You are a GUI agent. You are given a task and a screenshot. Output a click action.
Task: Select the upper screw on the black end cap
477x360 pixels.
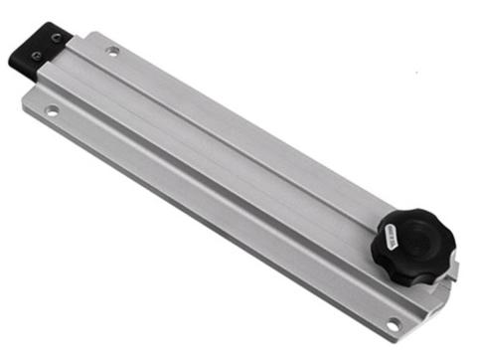point(57,39)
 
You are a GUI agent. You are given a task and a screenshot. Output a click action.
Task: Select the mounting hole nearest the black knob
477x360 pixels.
point(393,323)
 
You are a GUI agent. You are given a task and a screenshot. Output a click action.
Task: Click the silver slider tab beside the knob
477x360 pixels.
point(453,269)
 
